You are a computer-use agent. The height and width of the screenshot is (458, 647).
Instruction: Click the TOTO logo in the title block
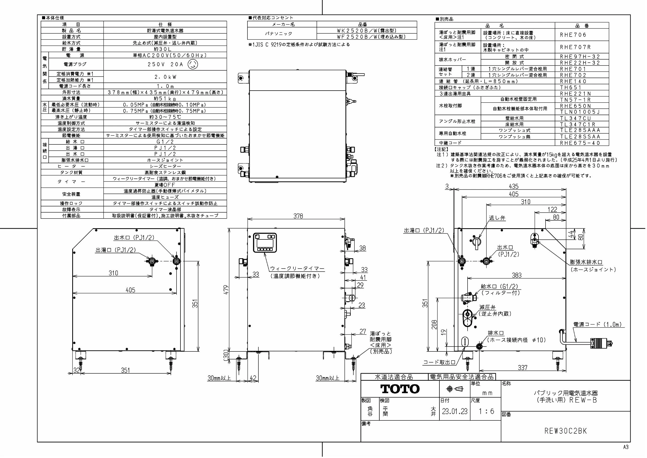point(400,389)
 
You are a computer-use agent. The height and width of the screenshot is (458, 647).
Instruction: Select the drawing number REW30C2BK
point(566,431)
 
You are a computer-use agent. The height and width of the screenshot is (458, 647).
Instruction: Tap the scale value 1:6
point(486,411)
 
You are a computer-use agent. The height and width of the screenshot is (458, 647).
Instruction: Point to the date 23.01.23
point(455,411)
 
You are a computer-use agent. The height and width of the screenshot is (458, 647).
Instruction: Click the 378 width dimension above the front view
point(298,216)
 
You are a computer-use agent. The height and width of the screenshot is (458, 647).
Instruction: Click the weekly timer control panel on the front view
point(265,243)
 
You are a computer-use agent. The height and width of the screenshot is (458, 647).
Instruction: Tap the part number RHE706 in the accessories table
point(573,35)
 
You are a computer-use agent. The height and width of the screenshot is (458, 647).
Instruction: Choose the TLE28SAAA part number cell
point(580,130)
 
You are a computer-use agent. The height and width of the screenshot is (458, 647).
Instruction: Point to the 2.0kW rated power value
point(165,77)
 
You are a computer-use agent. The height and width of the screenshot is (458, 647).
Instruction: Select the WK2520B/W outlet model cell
point(367,31)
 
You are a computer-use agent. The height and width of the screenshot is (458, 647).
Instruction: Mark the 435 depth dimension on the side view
point(513,186)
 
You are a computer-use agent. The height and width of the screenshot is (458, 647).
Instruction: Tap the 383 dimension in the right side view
point(517,275)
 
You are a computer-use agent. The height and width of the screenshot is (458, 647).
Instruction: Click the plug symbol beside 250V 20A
point(193,64)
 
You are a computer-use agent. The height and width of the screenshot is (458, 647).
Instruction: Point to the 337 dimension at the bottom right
point(522,367)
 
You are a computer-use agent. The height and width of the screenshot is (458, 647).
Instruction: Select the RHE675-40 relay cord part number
point(580,143)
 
